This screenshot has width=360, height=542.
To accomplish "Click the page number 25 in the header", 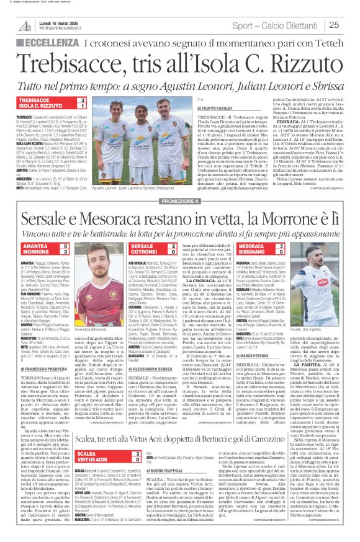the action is pyautogui.click(x=333, y=25).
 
